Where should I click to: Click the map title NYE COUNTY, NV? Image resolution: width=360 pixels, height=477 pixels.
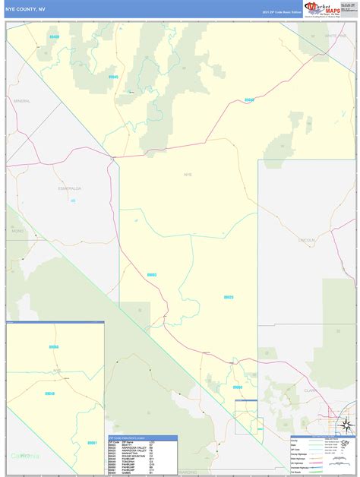point(25,10)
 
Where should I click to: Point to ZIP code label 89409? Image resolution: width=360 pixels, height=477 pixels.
point(52,36)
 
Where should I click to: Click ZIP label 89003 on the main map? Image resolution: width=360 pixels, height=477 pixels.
point(152,275)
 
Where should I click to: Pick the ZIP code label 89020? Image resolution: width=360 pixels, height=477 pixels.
point(228,297)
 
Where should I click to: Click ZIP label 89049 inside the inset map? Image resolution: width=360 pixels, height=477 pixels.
point(49,393)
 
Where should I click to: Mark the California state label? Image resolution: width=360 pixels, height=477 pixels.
point(24,455)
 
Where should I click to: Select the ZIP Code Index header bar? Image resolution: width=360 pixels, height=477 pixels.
point(143,438)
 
